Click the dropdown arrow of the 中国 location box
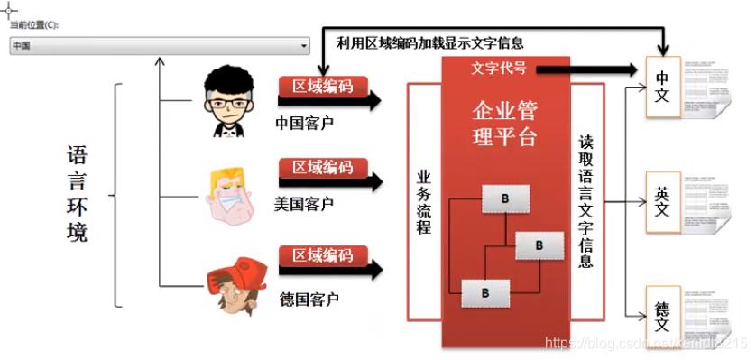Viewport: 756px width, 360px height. [x=304, y=45]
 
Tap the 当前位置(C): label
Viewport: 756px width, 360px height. [x=34, y=25]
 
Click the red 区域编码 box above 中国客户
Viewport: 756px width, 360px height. [x=322, y=87]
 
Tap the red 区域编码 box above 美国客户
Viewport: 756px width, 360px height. [x=322, y=168]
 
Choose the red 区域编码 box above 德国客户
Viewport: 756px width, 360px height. [x=322, y=256]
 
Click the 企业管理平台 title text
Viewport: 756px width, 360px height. [x=505, y=124]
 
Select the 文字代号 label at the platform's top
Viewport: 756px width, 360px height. [x=499, y=69]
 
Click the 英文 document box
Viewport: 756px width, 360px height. [x=662, y=200]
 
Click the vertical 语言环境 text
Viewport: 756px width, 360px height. [x=78, y=194]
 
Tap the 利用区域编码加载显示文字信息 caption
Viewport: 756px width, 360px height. [x=429, y=42]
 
